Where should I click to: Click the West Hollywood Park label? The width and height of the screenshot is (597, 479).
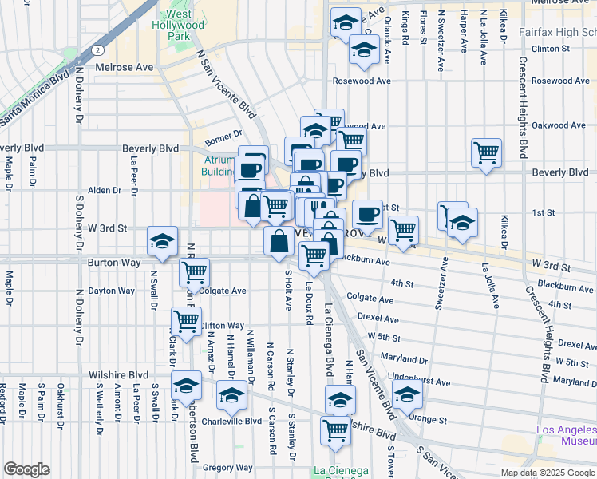tap(184, 26)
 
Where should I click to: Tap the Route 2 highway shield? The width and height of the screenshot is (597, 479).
tap(97, 49)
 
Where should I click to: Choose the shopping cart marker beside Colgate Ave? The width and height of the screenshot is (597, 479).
tap(195, 272)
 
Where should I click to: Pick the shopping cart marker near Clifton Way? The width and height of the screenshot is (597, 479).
tap(186, 322)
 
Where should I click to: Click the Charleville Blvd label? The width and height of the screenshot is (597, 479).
tap(231, 421)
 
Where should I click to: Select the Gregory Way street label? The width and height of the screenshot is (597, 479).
tap(227, 468)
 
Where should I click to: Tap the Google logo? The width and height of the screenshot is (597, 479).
tap(26, 469)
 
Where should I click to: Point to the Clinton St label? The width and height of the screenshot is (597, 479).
tap(556, 49)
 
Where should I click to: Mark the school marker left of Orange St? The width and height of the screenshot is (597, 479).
tap(407, 394)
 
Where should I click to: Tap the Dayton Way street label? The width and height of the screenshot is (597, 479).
tap(112, 291)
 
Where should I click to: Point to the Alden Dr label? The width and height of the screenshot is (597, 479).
tap(105, 190)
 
